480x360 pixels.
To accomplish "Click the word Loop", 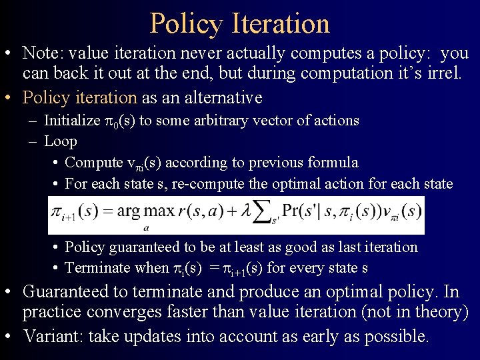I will coord(61,141).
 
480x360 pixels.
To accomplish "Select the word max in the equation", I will coord(160,212).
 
